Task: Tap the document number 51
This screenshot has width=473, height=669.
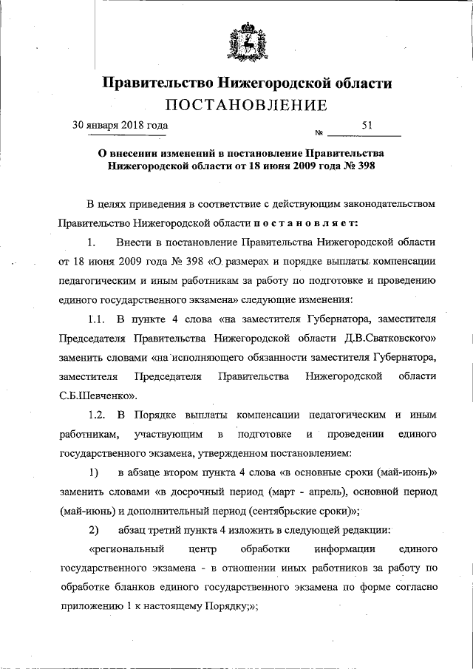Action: point(367,126)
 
